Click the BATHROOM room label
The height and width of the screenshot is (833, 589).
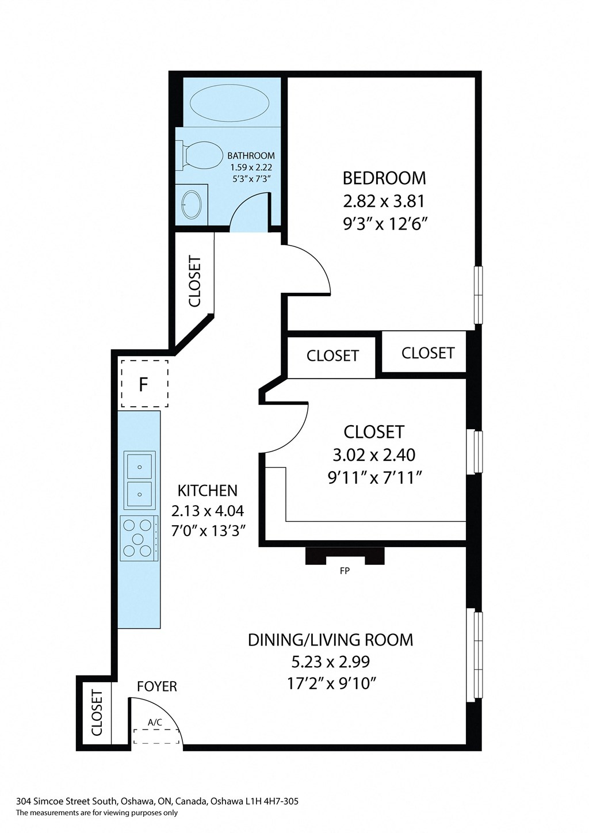point(251,156)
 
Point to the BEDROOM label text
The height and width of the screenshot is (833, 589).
point(384,178)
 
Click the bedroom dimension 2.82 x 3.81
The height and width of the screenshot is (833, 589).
point(384,201)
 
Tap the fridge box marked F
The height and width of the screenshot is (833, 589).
point(144,384)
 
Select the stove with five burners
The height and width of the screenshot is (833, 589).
point(139,538)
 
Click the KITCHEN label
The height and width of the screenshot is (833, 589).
point(207,491)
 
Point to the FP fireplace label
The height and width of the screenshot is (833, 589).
point(345,571)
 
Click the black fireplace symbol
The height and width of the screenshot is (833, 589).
point(345,556)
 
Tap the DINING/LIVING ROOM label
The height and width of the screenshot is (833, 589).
point(330,640)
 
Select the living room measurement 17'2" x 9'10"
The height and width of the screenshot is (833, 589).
point(331,683)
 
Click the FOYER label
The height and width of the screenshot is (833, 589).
point(156,686)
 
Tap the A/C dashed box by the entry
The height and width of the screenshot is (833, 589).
point(155,736)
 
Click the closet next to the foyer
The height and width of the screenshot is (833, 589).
point(96,713)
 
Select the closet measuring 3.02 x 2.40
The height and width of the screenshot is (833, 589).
point(374,454)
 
